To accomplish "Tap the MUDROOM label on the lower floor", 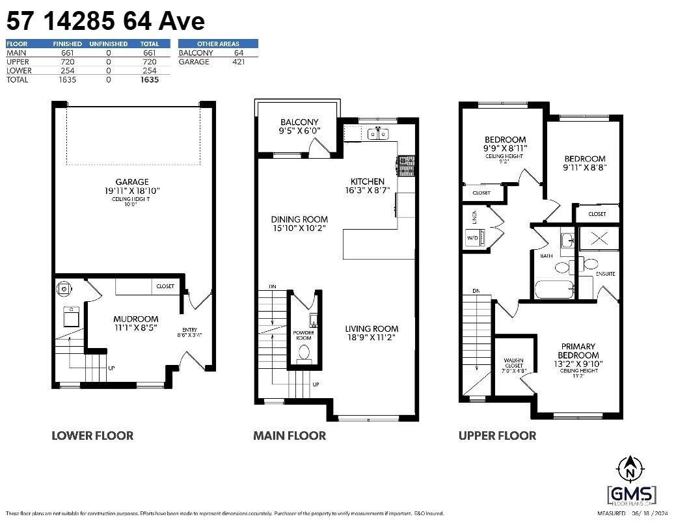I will click(136, 319).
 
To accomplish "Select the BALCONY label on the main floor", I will click(299, 122).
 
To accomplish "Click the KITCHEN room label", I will click(368, 182).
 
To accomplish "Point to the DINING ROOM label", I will click(299, 220).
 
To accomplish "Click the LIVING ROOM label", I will click(372, 329).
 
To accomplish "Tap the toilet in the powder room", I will click(303, 352).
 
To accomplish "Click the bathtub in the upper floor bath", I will click(554, 289).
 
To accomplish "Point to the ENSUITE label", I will click(605, 274).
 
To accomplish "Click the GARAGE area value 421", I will click(238, 62).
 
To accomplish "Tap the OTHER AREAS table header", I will click(218, 44).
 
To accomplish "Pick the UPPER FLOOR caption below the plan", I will click(497, 436).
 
